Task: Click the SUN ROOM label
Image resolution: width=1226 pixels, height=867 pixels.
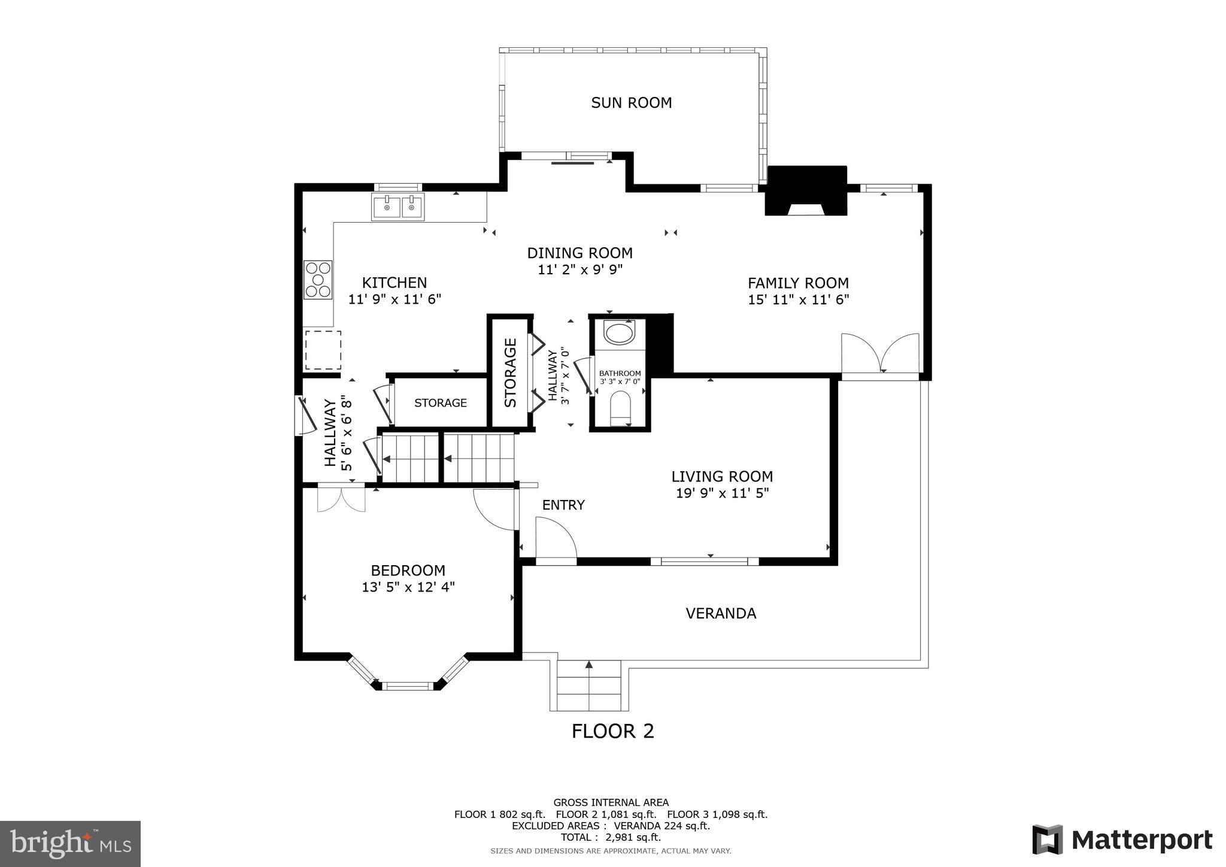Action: (x=631, y=103)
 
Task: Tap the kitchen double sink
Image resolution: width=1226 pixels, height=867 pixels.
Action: (x=397, y=207)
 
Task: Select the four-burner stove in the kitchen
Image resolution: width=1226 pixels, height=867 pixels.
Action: (x=318, y=280)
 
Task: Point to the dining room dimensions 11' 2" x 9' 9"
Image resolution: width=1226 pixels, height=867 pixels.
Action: (x=580, y=270)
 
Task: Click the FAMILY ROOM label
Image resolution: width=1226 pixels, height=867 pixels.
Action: (x=798, y=283)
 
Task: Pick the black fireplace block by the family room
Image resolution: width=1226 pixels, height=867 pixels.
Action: (x=806, y=190)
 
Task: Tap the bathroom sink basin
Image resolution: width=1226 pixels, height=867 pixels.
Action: (x=619, y=333)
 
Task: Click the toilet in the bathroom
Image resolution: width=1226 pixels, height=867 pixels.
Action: (x=620, y=408)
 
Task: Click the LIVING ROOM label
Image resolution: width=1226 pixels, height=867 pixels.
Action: (x=722, y=477)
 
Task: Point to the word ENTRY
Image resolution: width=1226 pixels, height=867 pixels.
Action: (x=563, y=505)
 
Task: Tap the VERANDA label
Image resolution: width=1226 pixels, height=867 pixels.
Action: (x=721, y=614)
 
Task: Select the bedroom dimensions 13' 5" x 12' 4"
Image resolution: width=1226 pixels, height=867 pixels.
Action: (x=408, y=587)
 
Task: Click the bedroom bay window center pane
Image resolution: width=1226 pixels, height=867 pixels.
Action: (x=408, y=686)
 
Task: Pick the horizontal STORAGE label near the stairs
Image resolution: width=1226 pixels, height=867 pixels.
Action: (x=441, y=403)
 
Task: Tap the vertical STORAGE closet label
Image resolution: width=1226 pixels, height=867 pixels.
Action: (x=511, y=373)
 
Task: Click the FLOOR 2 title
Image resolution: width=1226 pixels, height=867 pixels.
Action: (x=612, y=731)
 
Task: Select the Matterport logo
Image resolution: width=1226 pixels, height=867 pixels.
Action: (x=1122, y=839)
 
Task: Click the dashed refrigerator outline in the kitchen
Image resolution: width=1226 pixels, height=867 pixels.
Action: (x=323, y=350)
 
